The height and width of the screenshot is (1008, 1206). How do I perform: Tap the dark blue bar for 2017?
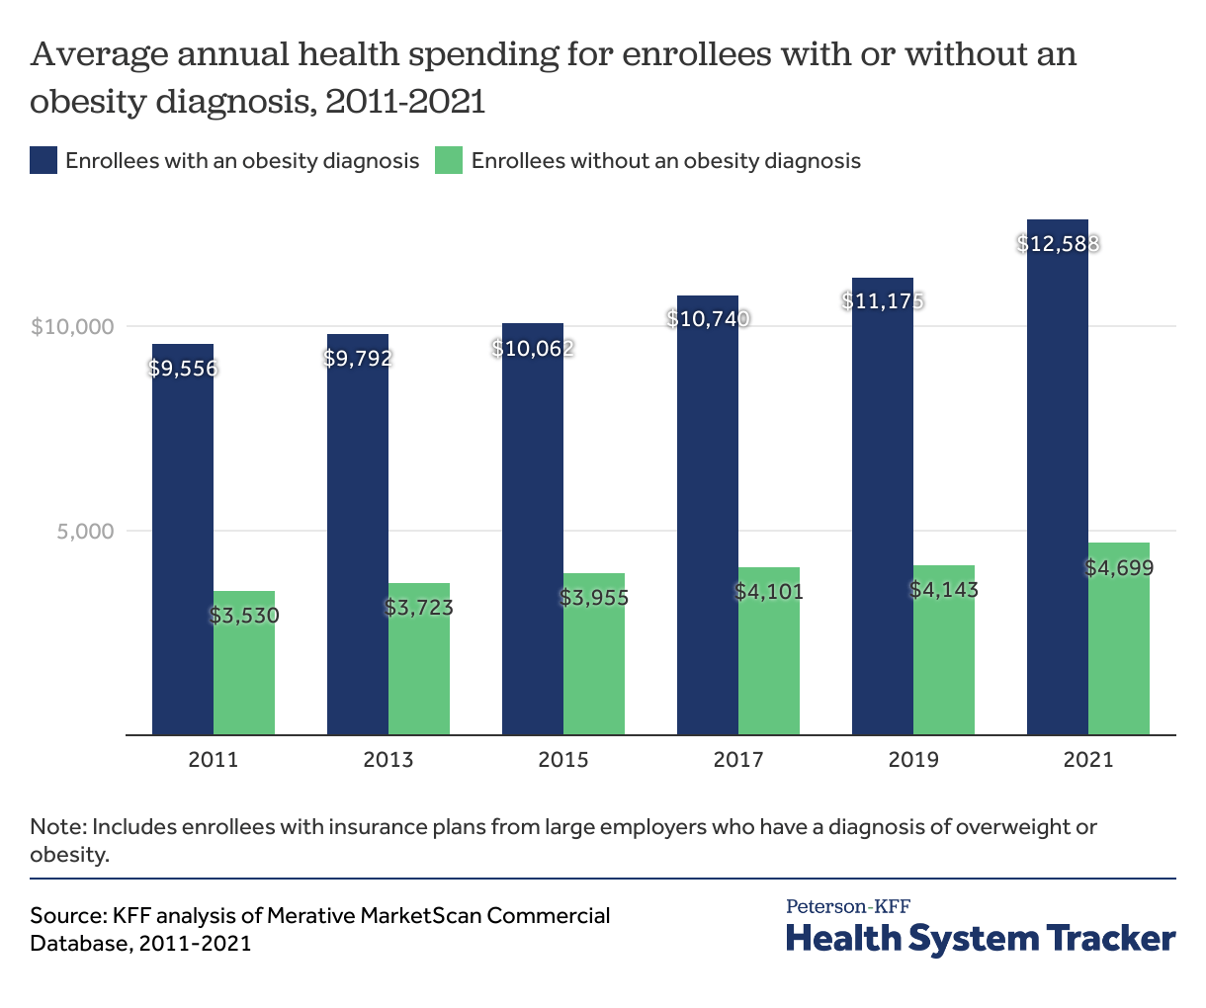[708, 514]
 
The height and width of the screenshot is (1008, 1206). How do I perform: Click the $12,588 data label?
[1058, 243]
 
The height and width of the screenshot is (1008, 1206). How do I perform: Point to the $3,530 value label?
[244, 616]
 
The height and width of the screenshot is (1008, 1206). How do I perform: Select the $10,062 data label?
[533, 348]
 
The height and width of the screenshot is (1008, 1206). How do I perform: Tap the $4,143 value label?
[944, 590]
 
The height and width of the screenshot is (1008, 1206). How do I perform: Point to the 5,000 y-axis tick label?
[86, 531]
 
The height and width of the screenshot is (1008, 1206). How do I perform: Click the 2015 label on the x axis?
[563, 760]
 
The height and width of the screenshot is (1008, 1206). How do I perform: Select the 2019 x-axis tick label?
[913, 760]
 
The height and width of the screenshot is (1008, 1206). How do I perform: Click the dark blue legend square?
[43, 160]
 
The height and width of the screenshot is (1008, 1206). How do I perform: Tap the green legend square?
[449, 160]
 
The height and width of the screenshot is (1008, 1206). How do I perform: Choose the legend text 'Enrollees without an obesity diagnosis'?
[665, 160]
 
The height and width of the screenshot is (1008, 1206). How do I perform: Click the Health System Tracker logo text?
[981, 938]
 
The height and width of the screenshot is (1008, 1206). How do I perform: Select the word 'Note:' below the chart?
[58, 826]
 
